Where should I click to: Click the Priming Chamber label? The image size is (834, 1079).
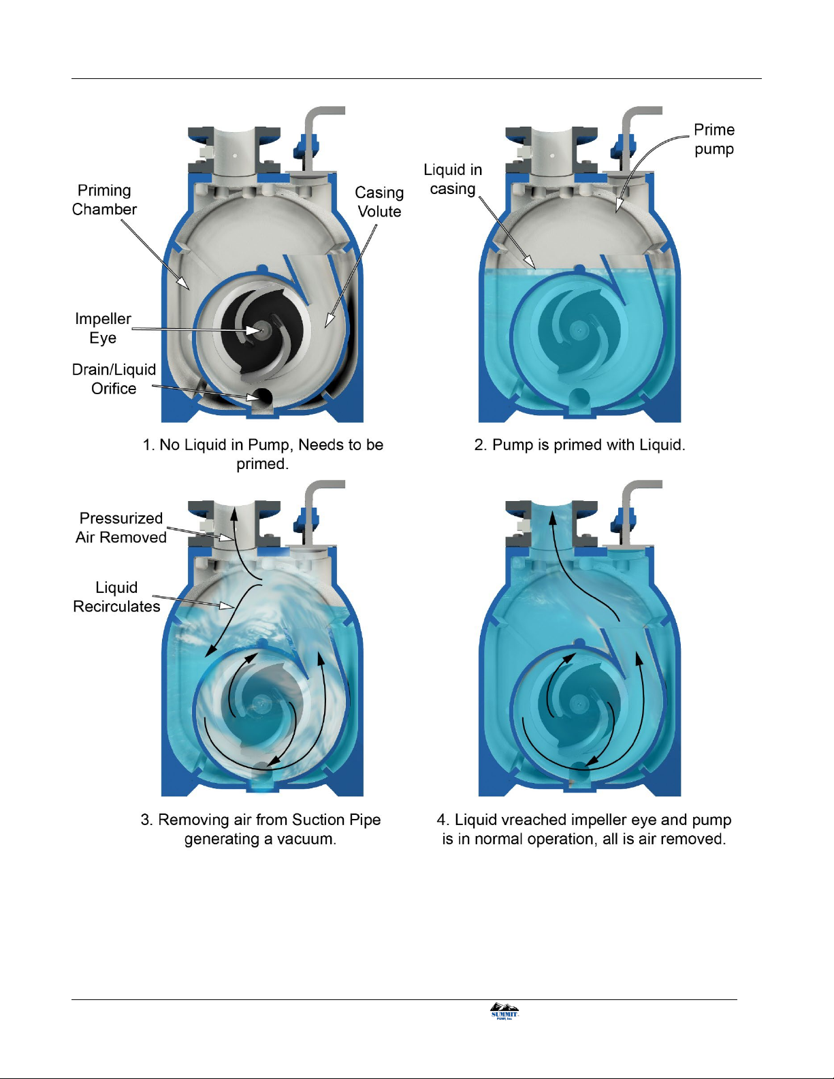pos(104,200)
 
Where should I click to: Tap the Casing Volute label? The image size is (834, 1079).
pos(379,202)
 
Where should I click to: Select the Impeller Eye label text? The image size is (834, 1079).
pos(103,328)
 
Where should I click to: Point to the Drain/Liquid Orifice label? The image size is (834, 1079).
pos(114,379)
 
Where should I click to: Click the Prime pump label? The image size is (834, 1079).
pos(714,140)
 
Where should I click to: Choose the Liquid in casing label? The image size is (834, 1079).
pos(453,179)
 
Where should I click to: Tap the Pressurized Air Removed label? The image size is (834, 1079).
pos(121,528)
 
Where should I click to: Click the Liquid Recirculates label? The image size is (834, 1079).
pos(116,597)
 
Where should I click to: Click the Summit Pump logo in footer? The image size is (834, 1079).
pos(504,1011)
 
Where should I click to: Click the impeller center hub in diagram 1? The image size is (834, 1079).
pos(261,329)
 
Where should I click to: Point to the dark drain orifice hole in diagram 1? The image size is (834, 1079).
pos(262,396)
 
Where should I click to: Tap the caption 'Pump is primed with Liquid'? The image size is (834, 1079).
pos(579,445)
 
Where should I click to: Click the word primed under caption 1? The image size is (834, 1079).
pos(262,464)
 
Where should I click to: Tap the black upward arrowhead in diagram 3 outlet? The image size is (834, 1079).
pos(234,513)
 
